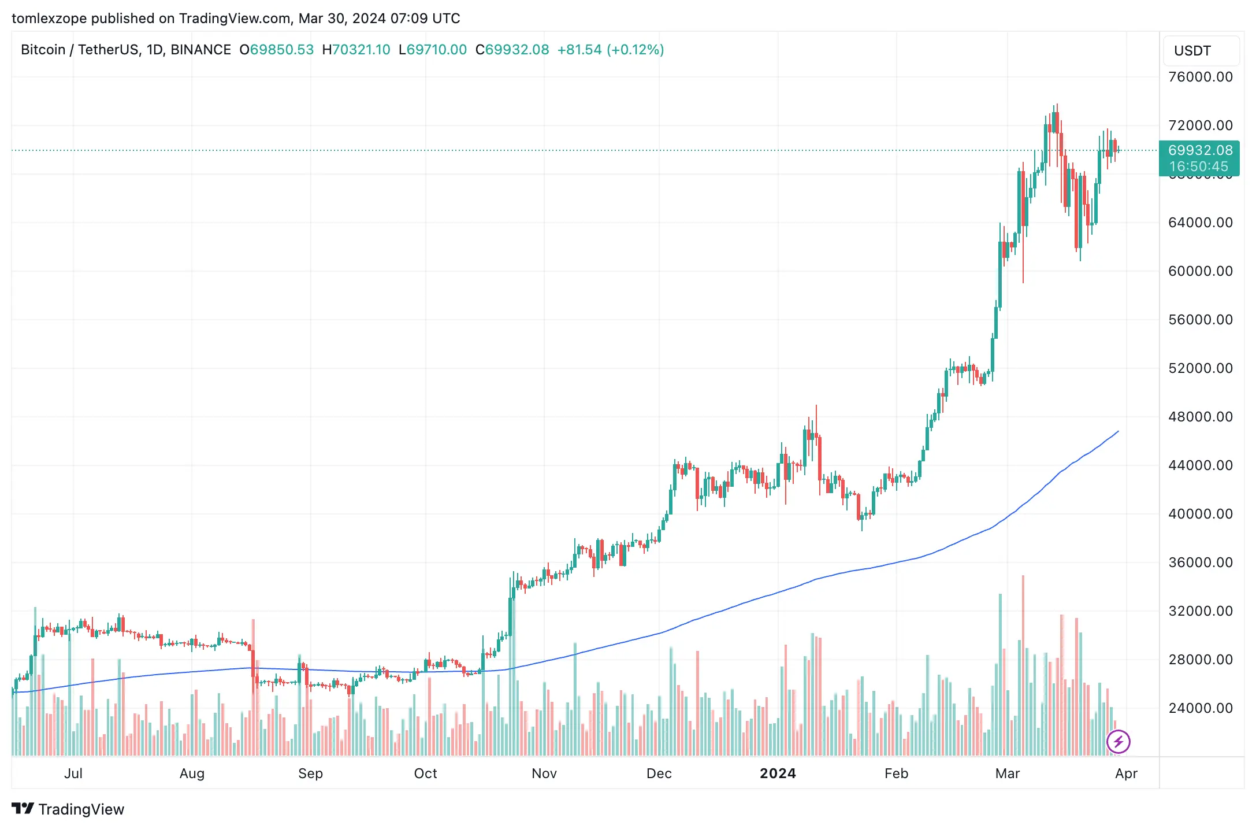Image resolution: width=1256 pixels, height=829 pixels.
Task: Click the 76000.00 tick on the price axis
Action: click(1200, 77)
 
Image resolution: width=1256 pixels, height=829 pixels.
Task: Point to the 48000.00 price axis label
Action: click(1200, 417)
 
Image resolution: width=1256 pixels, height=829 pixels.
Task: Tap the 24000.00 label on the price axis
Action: click(1200, 708)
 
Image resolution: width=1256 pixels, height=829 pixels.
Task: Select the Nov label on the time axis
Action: click(544, 774)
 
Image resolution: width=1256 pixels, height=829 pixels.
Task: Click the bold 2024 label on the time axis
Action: click(778, 774)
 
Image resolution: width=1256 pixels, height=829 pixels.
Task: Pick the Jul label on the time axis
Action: click(73, 774)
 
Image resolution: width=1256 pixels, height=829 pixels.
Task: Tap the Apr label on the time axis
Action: click(1126, 774)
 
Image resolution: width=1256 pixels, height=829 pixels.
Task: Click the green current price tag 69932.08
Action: click(1200, 150)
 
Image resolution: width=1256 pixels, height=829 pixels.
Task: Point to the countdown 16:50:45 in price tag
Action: click(1199, 166)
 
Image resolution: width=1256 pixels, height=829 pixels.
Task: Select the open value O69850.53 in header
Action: click(277, 50)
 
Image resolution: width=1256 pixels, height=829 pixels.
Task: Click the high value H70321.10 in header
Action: click(356, 50)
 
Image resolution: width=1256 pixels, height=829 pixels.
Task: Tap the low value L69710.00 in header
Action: click(433, 50)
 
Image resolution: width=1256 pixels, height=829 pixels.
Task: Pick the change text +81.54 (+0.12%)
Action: click(610, 50)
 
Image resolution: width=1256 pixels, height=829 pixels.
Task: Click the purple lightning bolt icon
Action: click(1118, 742)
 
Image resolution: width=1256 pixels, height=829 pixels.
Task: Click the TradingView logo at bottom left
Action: click(68, 809)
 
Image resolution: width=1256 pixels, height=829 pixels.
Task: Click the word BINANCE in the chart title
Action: click(200, 50)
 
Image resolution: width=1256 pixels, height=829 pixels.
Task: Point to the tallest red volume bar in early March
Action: click(1023, 665)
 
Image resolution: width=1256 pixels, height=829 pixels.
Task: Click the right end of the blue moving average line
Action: click(1118, 431)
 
